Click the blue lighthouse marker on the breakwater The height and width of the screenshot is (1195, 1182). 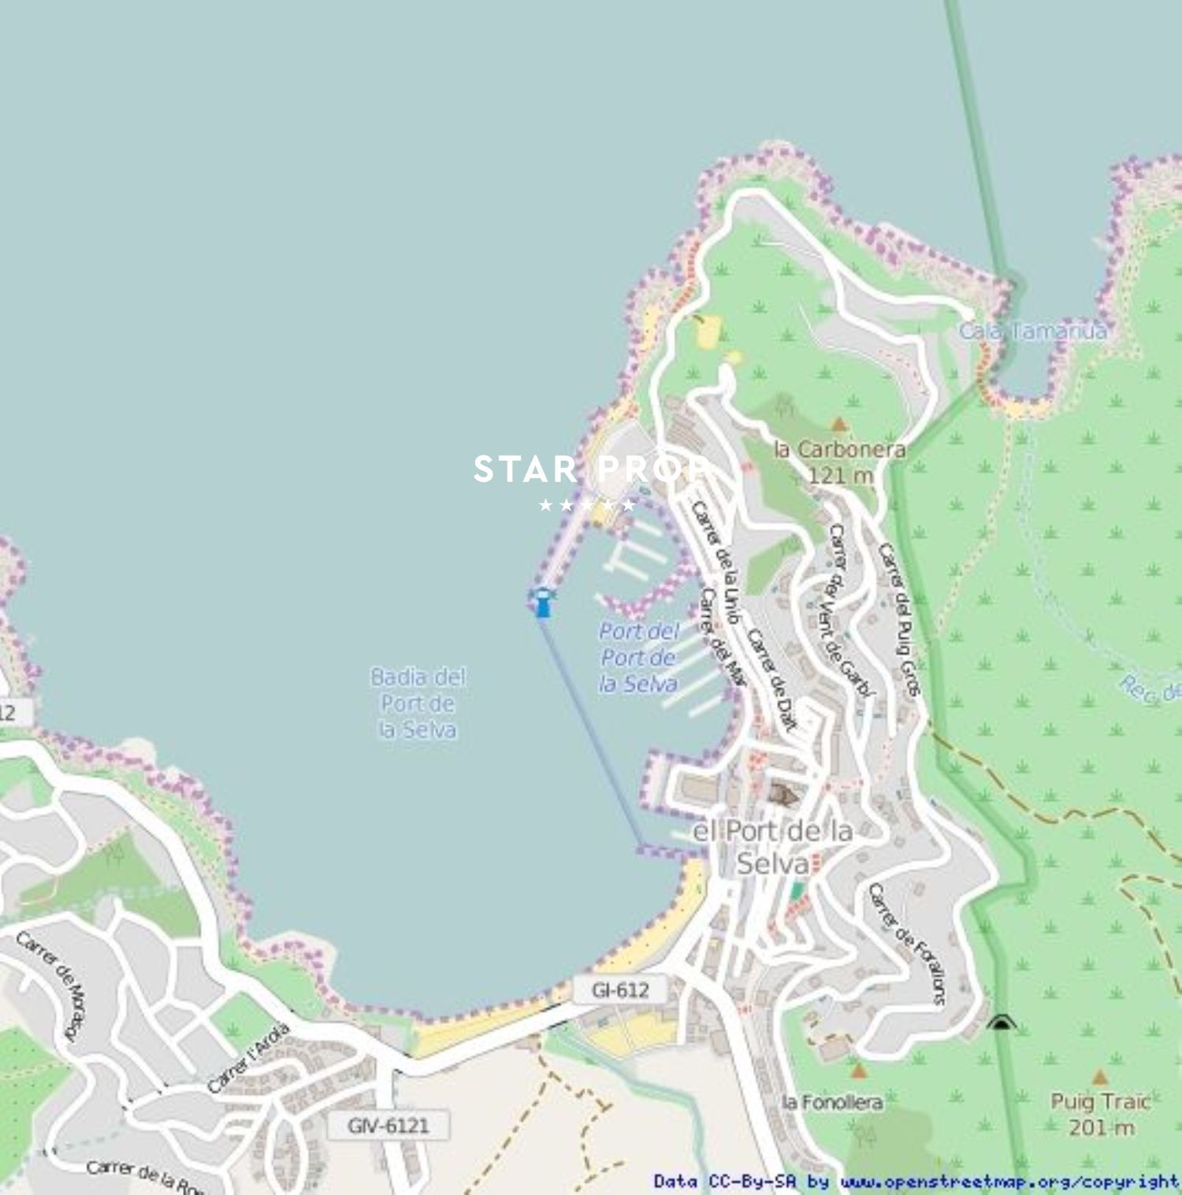[x=542, y=603]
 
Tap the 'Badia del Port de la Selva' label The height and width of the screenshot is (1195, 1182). [x=418, y=703]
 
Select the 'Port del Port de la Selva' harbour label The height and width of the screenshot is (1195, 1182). [x=638, y=657]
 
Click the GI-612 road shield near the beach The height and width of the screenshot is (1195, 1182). [x=621, y=990]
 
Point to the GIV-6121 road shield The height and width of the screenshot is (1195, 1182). [x=388, y=1126]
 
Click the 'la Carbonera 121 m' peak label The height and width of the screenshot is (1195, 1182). [x=840, y=462]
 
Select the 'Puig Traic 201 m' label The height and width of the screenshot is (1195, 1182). [x=1101, y=1114]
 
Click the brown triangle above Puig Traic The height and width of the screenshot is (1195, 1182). [x=1100, y=1077]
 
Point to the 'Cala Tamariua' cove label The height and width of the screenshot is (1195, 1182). [x=1032, y=331]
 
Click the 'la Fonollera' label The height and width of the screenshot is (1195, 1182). [x=832, y=1101]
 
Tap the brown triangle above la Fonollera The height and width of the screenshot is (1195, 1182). [x=858, y=1071]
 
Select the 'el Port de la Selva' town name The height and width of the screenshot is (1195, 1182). [x=772, y=847]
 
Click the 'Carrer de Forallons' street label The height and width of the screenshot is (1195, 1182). [x=906, y=944]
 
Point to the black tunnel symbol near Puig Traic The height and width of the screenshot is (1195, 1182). [x=1000, y=1022]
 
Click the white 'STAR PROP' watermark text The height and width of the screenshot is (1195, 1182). [x=589, y=470]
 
